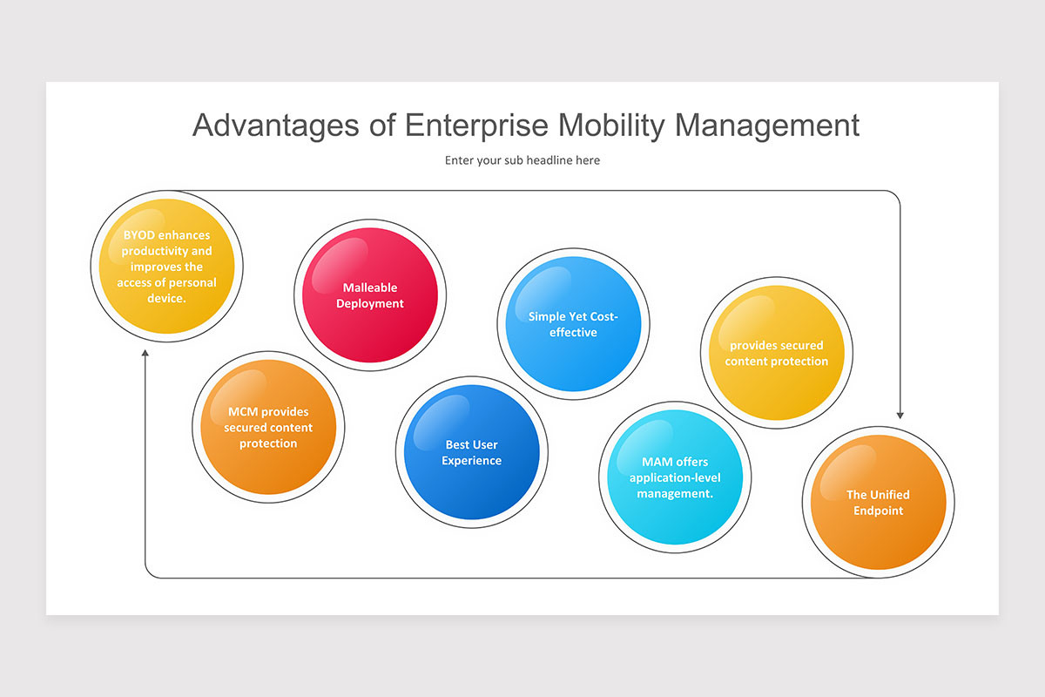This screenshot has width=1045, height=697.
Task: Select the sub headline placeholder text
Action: (x=522, y=160)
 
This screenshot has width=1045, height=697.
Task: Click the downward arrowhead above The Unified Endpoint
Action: (x=900, y=415)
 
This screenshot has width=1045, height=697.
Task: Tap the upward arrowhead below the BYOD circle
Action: (x=145, y=353)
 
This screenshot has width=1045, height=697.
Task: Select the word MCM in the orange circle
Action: (x=242, y=412)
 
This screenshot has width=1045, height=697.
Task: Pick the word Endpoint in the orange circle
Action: (x=878, y=511)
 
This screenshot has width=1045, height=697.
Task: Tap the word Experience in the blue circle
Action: (x=471, y=460)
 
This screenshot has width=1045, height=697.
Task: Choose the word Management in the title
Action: (x=767, y=125)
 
